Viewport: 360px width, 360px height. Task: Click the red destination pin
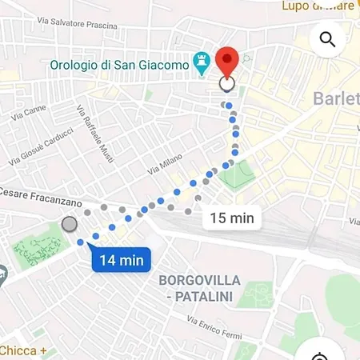click(x=228, y=61)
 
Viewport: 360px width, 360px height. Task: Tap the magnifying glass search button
click(x=326, y=39)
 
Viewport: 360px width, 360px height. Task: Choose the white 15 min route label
click(x=231, y=218)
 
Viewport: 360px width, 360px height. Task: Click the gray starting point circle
click(x=70, y=225)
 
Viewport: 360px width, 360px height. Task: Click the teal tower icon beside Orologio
click(x=202, y=64)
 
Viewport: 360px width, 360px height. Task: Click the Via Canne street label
click(x=27, y=115)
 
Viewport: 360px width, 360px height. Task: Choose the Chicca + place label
click(x=23, y=350)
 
